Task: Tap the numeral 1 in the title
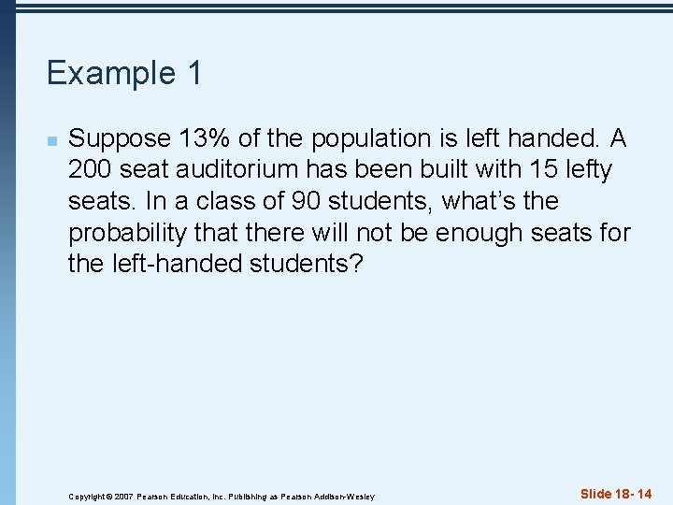coord(193,73)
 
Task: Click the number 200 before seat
coord(91,170)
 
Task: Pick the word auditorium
coord(231,170)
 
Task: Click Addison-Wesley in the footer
coord(347,496)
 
